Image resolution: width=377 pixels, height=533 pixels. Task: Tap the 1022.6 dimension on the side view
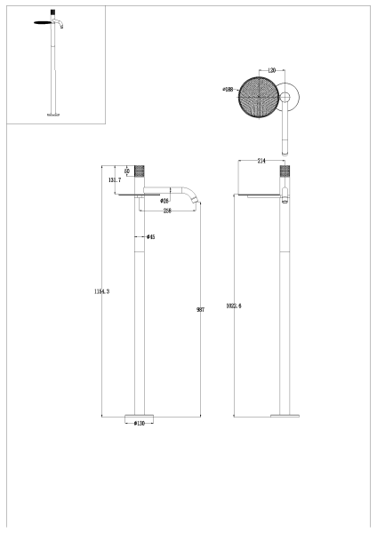tap(234, 306)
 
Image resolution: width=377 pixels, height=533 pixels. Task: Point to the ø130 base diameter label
tap(140, 423)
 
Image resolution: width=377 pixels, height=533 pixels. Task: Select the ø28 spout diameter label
tap(165, 202)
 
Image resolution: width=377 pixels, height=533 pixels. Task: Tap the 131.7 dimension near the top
tap(114, 179)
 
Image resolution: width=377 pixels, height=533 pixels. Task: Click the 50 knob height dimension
tap(128, 171)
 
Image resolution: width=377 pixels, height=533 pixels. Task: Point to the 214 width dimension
tap(261, 161)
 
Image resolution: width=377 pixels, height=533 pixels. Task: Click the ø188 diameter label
tap(229, 89)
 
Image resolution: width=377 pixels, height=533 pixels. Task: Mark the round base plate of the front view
tap(140, 414)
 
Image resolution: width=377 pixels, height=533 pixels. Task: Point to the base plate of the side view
tap(285, 414)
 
